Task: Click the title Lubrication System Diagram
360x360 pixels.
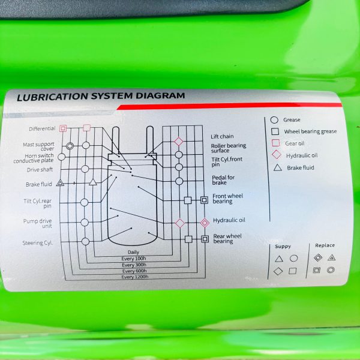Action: pyautogui.click(x=101, y=96)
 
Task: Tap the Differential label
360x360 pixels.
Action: pyautogui.click(x=42, y=128)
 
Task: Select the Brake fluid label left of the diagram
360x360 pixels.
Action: pyautogui.click(x=39, y=184)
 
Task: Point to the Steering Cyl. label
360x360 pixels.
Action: pyautogui.click(x=38, y=242)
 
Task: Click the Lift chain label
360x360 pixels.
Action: pyautogui.click(x=222, y=136)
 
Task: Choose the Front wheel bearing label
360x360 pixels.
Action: pyautogui.click(x=227, y=199)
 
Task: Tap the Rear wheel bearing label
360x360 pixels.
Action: pyautogui.click(x=227, y=239)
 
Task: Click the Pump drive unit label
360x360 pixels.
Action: pyautogui.click(x=38, y=223)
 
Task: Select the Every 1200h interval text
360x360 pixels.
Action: pyautogui.click(x=135, y=277)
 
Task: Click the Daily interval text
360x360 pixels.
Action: pyautogui.click(x=133, y=252)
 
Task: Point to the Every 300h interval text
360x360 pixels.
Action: pyautogui.click(x=134, y=265)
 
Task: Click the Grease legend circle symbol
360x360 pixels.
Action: pyautogui.click(x=274, y=120)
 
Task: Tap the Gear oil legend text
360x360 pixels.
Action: pyautogui.click(x=295, y=143)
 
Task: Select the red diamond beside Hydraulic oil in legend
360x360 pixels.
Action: pyautogui.click(x=277, y=155)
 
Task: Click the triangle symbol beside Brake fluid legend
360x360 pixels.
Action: pyautogui.click(x=278, y=167)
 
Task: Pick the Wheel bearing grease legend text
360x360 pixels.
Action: pyautogui.click(x=310, y=131)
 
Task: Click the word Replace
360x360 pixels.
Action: pyautogui.click(x=325, y=245)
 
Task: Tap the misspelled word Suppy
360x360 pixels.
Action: pyautogui.click(x=283, y=247)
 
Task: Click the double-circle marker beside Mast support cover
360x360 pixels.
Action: pyautogui.click(x=70, y=146)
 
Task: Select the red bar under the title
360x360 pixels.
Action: pyautogui.click(x=229, y=106)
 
